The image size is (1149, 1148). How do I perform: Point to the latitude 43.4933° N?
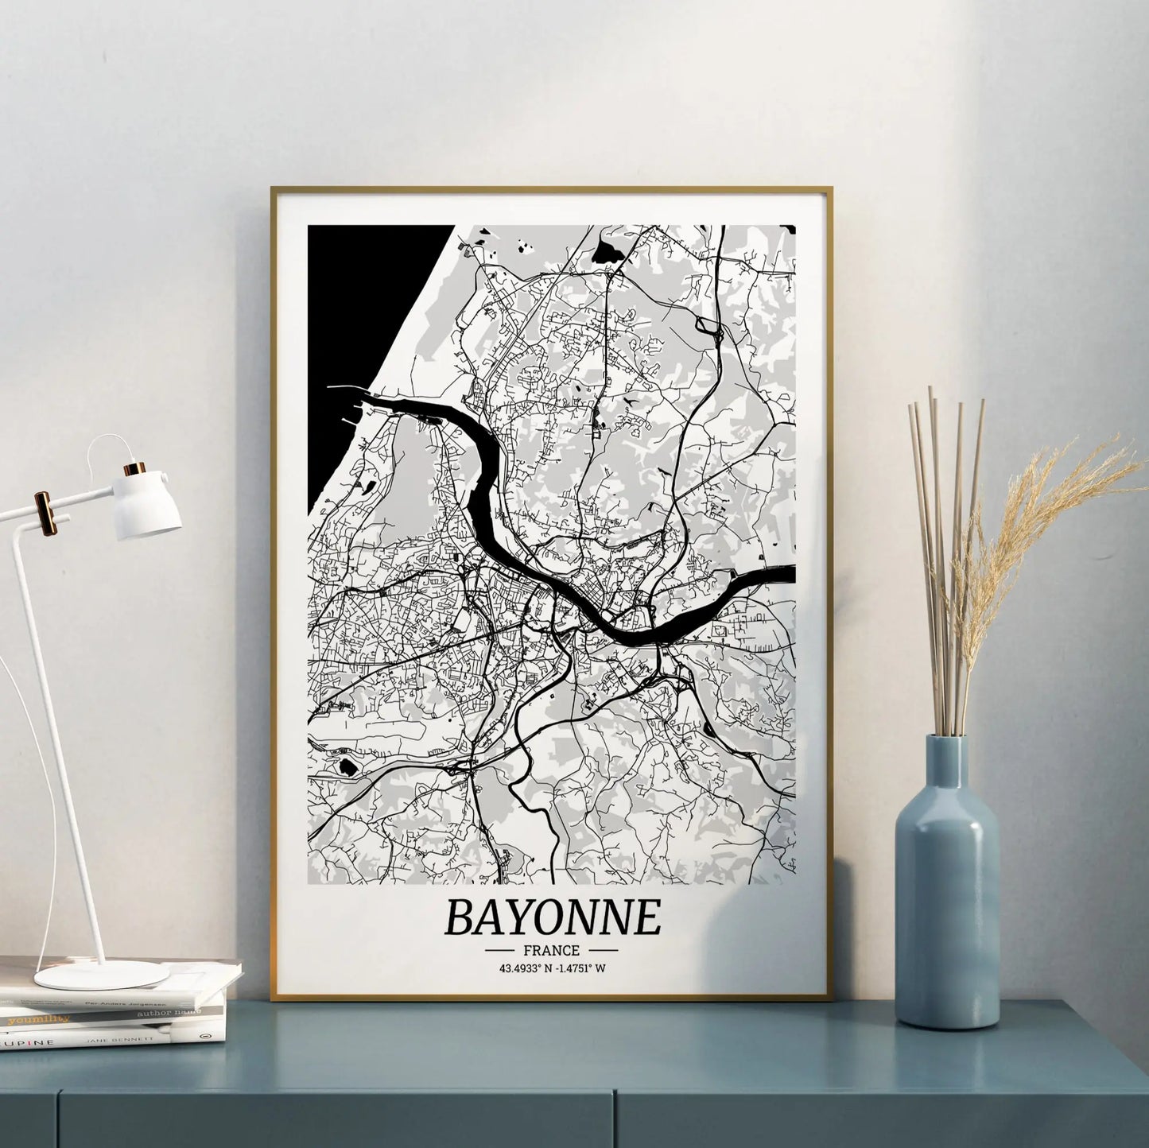point(525,968)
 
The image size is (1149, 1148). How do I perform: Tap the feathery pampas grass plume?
point(1034,509)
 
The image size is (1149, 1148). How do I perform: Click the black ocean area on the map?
point(358,318)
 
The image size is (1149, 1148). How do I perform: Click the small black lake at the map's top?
point(608,254)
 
